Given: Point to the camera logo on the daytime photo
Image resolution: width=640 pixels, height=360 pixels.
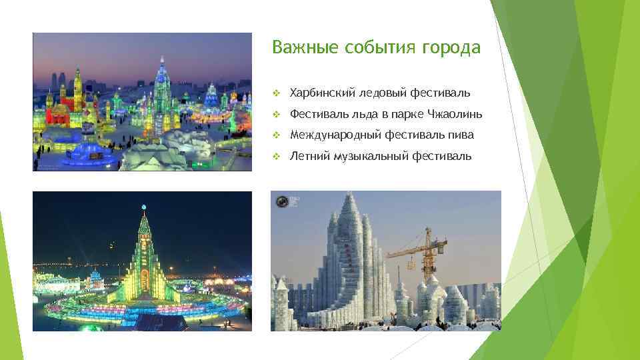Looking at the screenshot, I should [x=282, y=201].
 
